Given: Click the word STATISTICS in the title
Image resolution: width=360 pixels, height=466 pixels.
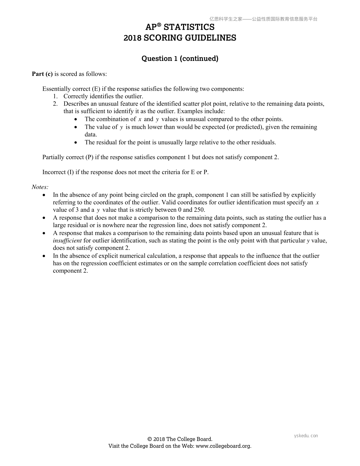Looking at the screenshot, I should (189, 27).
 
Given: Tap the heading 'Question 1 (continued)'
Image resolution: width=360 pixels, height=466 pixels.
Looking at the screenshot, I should (180, 59).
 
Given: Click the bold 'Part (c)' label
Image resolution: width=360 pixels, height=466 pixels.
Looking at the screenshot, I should (42, 74).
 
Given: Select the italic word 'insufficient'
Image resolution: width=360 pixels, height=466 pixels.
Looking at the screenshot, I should (67, 241).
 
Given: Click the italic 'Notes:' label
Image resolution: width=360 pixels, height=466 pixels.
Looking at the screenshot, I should (40, 187).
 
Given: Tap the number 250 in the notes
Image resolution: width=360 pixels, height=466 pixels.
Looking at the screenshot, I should (199, 210).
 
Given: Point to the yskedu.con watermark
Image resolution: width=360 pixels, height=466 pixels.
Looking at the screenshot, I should (306, 436).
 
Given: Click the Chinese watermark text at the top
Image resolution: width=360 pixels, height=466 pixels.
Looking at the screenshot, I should (263, 19).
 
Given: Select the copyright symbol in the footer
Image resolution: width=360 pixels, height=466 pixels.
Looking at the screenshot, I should (149, 439).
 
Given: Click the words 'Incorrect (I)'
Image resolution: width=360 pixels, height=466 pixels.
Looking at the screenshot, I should (58, 172).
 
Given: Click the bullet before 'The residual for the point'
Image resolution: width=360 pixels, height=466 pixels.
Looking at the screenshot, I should (76, 143).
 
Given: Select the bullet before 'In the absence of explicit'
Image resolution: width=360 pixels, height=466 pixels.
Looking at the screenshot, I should (44, 256).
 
